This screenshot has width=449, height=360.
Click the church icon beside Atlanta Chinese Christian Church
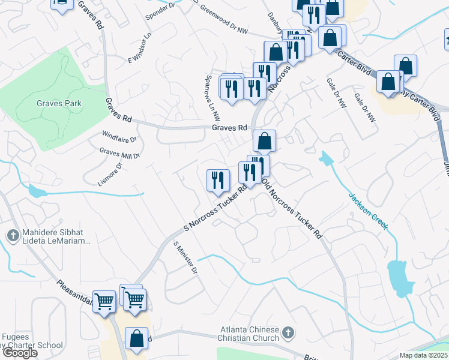288,332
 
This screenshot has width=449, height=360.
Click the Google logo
20,353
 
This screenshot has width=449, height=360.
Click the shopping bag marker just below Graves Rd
264,142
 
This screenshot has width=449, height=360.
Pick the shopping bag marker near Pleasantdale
137,338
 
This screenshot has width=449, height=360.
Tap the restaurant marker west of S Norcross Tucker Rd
218,181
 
